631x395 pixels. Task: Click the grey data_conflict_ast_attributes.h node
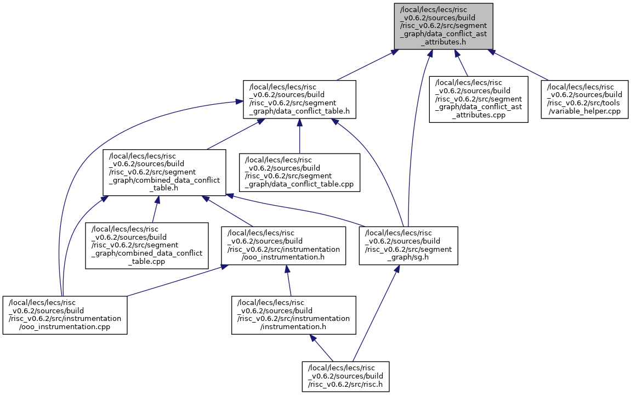pyautogui.click(x=444, y=26)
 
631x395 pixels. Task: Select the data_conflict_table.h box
pyautogui.click(x=299, y=99)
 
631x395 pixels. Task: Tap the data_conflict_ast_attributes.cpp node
pyautogui.click(x=479, y=99)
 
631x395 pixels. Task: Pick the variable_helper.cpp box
pyautogui.click(x=585, y=99)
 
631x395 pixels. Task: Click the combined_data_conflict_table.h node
pyautogui.click(x=164, y=172)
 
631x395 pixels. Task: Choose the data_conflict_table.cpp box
pyautogui.click(x=299, y=172)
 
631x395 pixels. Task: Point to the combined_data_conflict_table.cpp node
pyautogui.click(x=147, y=246)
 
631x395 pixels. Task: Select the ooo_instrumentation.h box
pyautogui.click(x=283, y=246)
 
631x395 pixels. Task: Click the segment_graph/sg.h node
pyautogui.click(x=408, y=246)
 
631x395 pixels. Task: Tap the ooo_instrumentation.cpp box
pyautogui.click(x=65, y=315)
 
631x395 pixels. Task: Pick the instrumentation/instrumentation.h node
pyautogui.click(x=294, y=315)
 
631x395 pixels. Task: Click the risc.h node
pyautogui.click(x=346, y=376)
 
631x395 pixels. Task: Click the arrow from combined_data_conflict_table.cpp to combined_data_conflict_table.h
pyautogui.click(x=155, y=209)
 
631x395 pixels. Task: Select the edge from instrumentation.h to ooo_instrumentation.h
pyautogui.click(x=288, y=281)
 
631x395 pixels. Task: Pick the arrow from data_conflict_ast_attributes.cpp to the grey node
pyautogui.click(x=461, y=63)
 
